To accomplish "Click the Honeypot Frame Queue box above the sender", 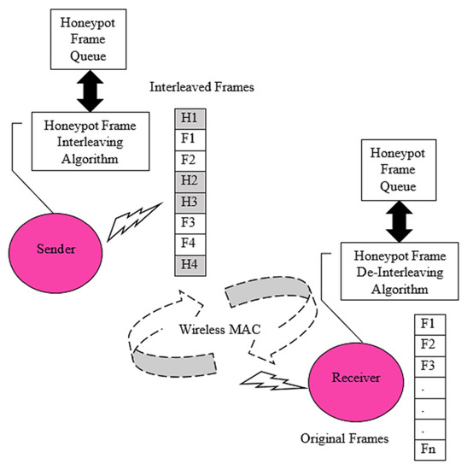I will pos(84,38).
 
